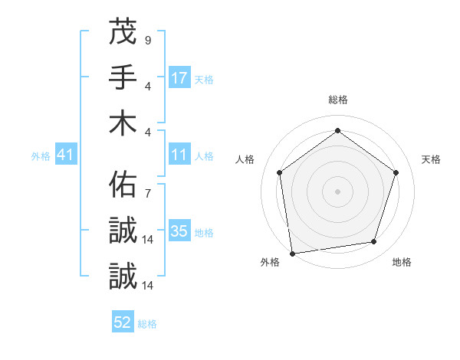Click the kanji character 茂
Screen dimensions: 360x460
(x=123, y=31)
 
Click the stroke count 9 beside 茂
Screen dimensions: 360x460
(x=147, y=39)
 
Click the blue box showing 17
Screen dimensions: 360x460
(x=179, y=77)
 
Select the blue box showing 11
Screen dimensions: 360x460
(x=179, y=155)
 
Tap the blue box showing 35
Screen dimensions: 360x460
(x=179, y=231)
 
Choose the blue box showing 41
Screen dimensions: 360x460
(x=66, y=155)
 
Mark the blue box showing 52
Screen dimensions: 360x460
(x=123, y=322)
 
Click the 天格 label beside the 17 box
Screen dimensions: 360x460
(x=204, y=79)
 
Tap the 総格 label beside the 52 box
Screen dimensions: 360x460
(x=147, y=324)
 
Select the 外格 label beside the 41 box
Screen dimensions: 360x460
(x=41, y=156)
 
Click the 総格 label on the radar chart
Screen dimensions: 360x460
(x=338, y=100)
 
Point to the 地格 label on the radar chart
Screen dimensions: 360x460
(x=402, y=262)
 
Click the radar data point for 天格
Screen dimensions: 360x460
(x=396, y=172)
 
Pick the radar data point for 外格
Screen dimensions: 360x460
(x=292, y=253)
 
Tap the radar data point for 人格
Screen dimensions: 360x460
(x=279, y=172)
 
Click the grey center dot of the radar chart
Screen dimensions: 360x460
(x=337, y=191)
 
